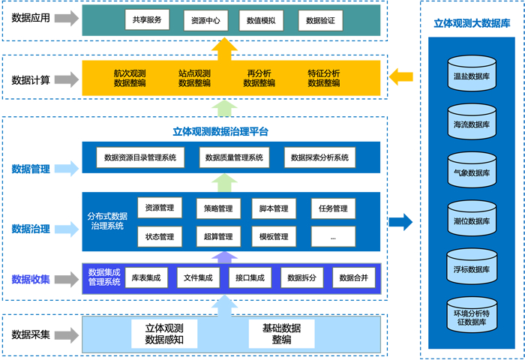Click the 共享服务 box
point(147,20)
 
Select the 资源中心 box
point(205,20)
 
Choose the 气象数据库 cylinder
point(472,171)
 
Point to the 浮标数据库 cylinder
point(472,268)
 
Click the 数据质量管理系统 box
point(235,158)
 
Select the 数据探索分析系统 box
point(320,158)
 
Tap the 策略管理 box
point(218,208)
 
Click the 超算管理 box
point(218,236)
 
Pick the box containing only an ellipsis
point(332,236)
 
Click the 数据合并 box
point(353,278)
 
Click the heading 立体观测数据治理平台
point(220,131)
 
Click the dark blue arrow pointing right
point(401,221)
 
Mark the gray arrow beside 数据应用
point(67,18)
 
